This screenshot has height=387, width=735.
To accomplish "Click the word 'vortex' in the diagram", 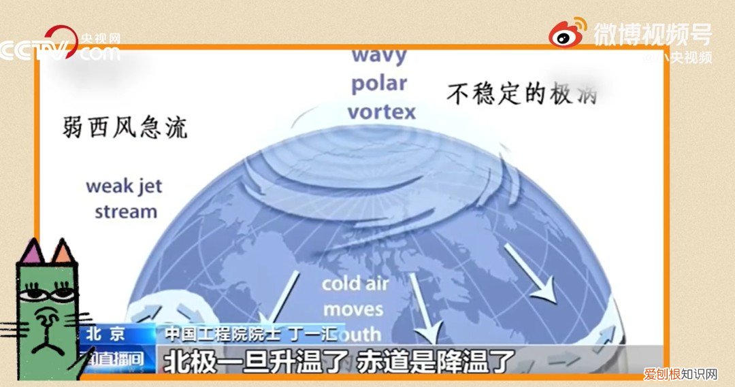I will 382,112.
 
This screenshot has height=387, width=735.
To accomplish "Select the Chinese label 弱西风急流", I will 125,127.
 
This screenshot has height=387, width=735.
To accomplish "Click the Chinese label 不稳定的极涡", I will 522,93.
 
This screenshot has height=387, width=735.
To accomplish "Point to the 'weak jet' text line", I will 125,186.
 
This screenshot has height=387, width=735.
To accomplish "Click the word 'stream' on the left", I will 126,211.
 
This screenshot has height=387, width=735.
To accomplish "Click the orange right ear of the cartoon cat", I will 63,253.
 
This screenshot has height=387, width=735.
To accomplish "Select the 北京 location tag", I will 105,334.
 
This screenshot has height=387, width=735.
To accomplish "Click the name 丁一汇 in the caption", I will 318,334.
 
